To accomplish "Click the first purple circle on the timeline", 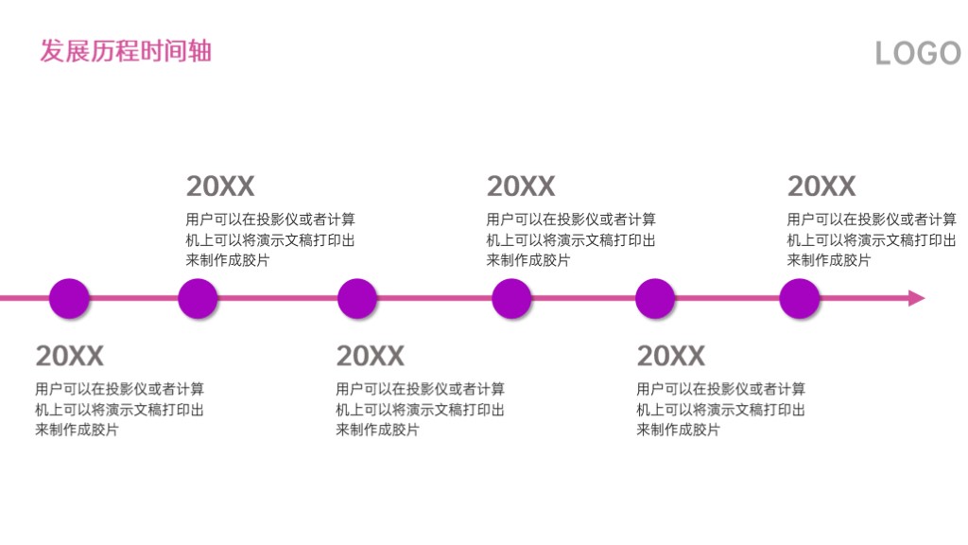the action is tap(69, 298).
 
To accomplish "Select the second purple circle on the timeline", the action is tap(198, 298).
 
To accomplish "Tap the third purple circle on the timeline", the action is tap(356, 298).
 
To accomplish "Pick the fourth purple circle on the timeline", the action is tap(511, 298).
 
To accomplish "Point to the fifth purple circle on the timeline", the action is tap(655, 298).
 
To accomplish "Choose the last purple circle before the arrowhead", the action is tap(800, 298).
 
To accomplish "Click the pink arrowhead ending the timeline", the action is tap(917, 298).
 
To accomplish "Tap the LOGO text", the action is tap(919, 53).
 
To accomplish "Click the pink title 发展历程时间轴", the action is tap(126, 51).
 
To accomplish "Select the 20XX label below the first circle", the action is tap(70, 356).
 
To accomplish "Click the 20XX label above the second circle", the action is tap(220, 186).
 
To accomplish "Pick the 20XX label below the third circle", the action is tap(371, 356).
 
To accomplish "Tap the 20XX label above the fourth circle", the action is tap(521, 186).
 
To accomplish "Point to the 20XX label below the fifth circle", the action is tap(671, 356).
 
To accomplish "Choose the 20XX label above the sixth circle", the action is tap(821, 186).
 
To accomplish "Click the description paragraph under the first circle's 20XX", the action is tap(120, 409).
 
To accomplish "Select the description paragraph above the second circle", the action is tap(270, 239).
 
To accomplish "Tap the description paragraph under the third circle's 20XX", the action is tap(421, 409).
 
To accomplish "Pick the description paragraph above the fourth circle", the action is tap(571, 239).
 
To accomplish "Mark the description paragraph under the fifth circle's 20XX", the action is tap(721, 409).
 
